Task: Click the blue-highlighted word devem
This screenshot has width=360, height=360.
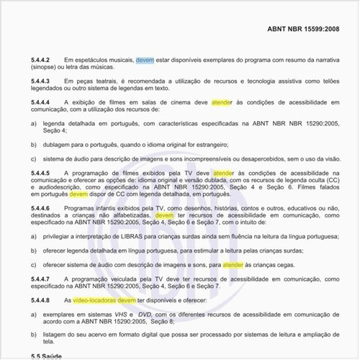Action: (x=145, y=60)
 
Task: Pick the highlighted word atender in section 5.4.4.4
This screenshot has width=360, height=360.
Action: (x=222, y=103)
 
